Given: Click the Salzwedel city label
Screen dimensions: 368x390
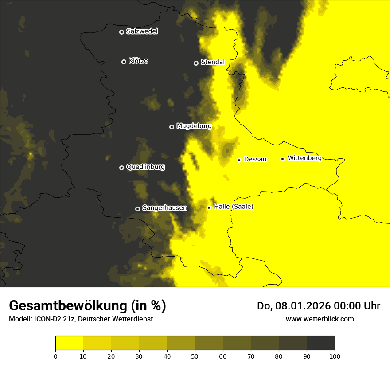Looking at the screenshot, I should (142, 31).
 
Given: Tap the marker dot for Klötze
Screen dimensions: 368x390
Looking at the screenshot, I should (124, 62).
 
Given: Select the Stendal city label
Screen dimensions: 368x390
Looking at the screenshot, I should (213, 62).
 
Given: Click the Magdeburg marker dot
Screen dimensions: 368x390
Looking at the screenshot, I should (172, 127).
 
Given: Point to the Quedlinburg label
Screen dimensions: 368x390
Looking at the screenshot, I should (145, 167).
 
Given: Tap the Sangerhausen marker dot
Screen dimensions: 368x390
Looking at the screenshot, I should (137, 209).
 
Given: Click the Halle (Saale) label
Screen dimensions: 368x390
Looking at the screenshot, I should (234, 207).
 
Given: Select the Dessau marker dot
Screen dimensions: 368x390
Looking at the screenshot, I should (239, 160).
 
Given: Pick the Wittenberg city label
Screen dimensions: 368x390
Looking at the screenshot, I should (304, 158).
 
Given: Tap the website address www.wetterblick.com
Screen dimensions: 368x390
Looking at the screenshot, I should (320, 319).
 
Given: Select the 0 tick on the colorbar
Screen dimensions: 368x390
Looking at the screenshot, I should (55, 356).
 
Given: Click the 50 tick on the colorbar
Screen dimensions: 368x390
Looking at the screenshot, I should (195, 356).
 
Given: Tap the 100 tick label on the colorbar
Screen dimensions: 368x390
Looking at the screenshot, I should (335, 356).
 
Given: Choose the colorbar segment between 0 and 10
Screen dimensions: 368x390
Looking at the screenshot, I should (69, 343).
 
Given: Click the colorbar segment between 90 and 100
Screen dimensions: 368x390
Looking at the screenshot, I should (320, 343).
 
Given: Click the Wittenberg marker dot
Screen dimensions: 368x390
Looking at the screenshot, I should (282, 159).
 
